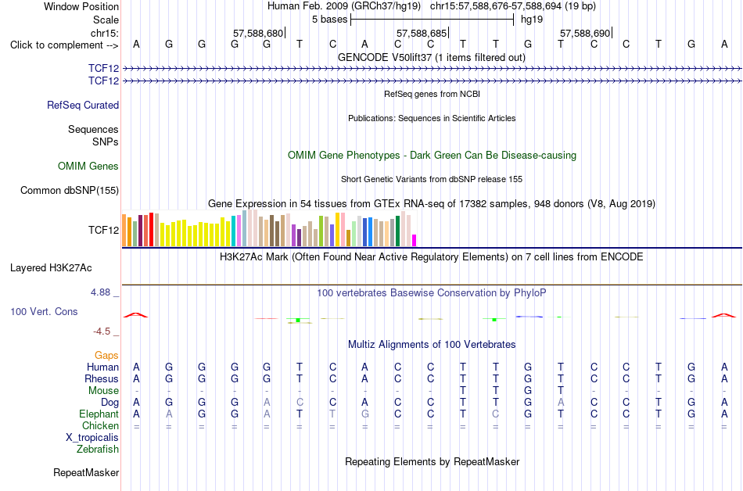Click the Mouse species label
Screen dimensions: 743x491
coord(103,391)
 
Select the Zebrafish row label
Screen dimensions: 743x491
coord(98,450)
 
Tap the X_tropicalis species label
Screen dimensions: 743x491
coord(92,438)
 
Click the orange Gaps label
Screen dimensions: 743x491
coord(106,356)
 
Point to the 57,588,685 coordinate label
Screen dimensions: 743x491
coord(422,33)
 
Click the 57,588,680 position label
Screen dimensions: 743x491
coord(258,33)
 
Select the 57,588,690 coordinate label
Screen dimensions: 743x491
coord(585,33)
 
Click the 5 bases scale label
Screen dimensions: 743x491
coord(329,20)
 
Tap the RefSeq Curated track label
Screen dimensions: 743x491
coord(83,105)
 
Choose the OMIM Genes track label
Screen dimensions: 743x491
coord(88,167)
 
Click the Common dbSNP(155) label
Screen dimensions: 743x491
coord(70,190)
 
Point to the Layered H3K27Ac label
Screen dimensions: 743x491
coord(51,268)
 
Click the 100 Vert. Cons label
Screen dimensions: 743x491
coord(44,311)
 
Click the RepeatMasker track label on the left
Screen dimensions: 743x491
coord(86,472)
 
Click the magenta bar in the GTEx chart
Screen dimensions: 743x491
coord(415,241)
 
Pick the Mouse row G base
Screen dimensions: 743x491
coord(528,391)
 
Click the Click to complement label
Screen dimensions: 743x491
coord(64,45)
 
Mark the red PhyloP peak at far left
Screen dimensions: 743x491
coord(135,314)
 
